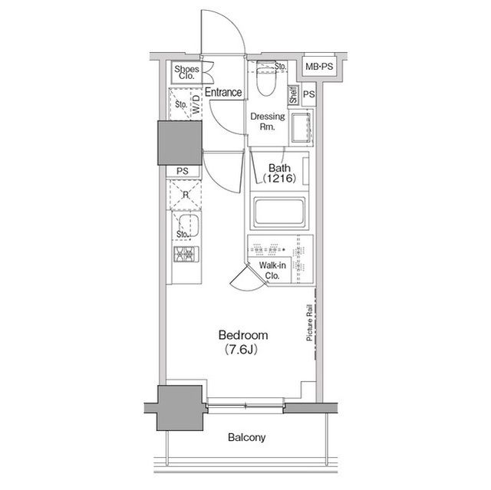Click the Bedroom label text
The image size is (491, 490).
(x=243, y=335)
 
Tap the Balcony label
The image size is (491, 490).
(x=246, y=437)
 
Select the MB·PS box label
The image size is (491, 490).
(x=319, y=67)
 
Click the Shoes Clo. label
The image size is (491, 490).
(x=186, y=72)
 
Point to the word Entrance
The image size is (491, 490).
(x=223, y=92)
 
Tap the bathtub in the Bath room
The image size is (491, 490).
(x=279, y=212)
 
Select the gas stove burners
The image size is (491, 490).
(x=186, y=254)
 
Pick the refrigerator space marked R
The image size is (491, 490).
(x=186, y=195)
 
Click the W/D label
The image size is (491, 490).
(x=196, y=104)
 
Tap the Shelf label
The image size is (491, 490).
(x=293, y=95)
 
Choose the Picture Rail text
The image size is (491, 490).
(x=309, y=322)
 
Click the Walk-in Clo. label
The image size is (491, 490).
(x=272, y=271)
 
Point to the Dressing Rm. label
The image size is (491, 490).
(x=268, y=121)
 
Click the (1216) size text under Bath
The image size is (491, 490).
(x=279, y=179)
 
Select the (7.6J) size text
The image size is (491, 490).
(x=241, y=349)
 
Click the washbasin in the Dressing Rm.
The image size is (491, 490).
(x=301, y=127)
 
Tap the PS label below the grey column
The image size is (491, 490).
(x=183, y=171)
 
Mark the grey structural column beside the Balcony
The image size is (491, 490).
(x=180, y=408)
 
